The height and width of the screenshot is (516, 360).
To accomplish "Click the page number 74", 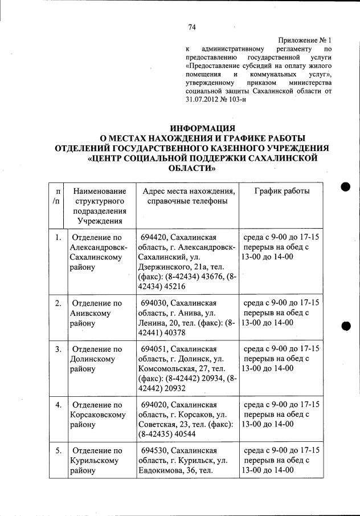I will [192, 27].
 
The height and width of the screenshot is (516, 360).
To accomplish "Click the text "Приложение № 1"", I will [304, 40].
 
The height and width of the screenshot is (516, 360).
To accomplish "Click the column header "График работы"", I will [281, 191].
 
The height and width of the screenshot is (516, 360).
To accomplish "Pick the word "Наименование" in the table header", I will [100, 191].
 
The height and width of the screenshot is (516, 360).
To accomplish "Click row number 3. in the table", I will [58, 348].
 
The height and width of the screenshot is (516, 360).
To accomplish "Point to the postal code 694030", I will [154, 303].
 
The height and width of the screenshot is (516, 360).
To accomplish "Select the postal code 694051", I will [154, 348].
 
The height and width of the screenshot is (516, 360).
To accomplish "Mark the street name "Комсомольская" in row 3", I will [167, 369].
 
